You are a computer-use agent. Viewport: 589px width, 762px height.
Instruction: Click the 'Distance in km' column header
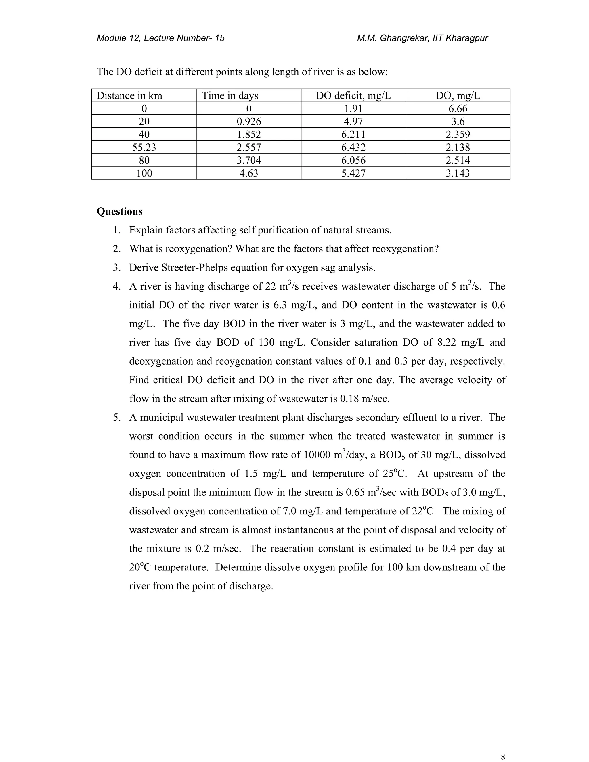pos(129,95)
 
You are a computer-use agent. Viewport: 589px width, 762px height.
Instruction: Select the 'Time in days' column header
pos(230,95)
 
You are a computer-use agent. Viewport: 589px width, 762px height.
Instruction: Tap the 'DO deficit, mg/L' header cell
pos(353,95)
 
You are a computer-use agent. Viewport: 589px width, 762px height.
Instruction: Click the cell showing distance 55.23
pos(144,147)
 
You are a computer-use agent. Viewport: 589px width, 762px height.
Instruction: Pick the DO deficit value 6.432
pos(353,147)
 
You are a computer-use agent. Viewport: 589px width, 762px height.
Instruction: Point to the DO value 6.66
pos(458,108)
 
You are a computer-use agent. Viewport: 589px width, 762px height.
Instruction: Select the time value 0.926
pos(249,121)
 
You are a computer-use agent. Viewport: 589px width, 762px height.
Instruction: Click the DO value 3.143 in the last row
pos(458,173)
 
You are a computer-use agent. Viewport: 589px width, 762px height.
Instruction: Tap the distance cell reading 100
pos(144,173)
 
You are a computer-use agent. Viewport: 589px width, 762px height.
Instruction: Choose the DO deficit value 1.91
pos(353,108)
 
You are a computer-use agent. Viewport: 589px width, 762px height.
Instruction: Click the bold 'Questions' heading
pos(119,211)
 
